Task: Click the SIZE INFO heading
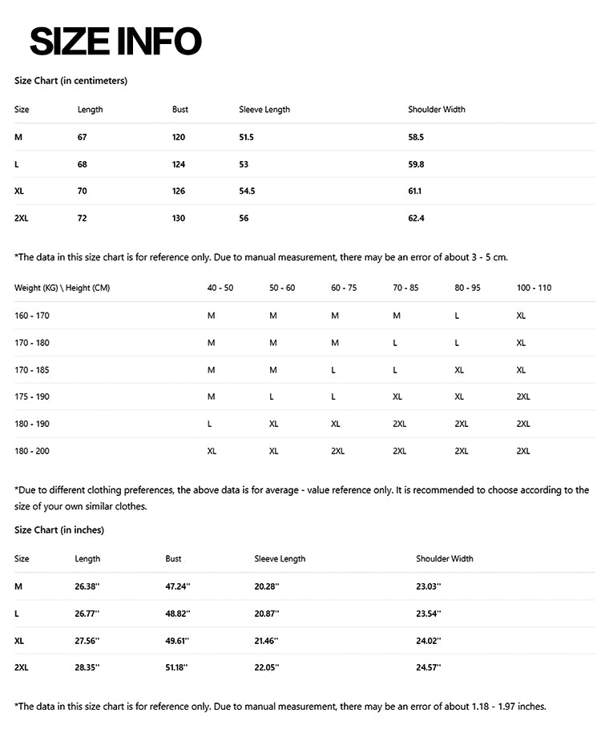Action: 115,42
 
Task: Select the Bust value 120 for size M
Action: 179,137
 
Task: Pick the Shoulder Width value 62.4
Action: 416,218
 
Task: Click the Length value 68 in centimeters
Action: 82,164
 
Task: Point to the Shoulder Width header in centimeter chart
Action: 436,109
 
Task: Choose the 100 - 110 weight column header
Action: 534,288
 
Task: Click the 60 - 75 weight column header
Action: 344,288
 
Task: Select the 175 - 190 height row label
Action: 32,397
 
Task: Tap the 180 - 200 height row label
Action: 32,451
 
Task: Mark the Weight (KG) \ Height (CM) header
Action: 62,288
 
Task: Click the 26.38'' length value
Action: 87,586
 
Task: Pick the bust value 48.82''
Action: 177,614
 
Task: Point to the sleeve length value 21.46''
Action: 267,641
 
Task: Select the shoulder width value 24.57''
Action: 429,667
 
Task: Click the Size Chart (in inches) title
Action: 59,530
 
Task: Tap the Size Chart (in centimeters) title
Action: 71,81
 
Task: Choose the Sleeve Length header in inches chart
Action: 280,558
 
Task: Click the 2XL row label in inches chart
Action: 22,667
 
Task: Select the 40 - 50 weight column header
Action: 220,288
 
